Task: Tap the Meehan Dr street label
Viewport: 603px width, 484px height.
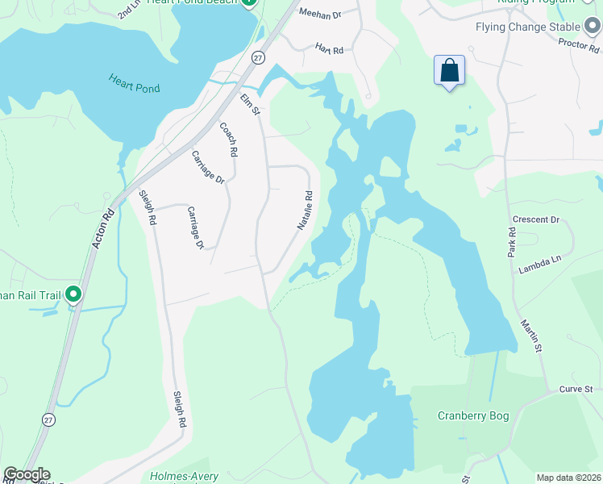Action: [x=320, y=14]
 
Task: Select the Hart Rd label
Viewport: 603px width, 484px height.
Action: [x=329, y=49]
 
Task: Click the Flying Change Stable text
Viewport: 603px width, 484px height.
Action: [x=527, y=27]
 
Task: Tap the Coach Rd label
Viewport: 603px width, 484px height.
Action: [x=228, y=139]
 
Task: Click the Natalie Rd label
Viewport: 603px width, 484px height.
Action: [x=304, y=211]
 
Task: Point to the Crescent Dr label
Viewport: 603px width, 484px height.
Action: [x=535, y=219]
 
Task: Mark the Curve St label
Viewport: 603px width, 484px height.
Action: [x=576, y=390]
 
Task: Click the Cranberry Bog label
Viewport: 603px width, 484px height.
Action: [x=473, y=416]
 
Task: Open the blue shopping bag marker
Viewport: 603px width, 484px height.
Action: [x=449, y=71]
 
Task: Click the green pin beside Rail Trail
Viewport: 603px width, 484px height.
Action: [x=73, y=294]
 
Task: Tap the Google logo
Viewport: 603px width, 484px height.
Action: [x=26, y=474]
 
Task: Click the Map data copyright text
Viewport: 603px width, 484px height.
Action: [x=568, y=478]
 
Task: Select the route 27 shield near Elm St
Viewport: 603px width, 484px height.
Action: [x=258, y=56]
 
